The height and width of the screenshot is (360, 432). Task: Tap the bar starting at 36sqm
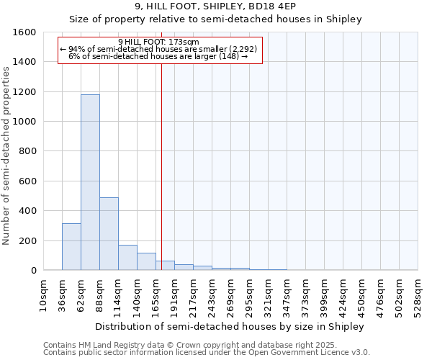point(71,247)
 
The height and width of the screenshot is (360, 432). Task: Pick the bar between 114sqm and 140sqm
point(127,258)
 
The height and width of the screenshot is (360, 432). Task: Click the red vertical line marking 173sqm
point(161,166)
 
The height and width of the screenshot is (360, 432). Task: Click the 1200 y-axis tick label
point(25,92)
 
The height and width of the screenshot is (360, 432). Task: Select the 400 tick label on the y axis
point(28,211)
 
